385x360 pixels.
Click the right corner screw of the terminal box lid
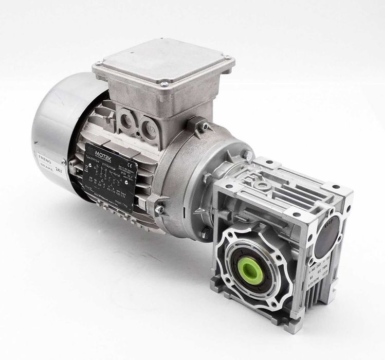click(x=227, y=57)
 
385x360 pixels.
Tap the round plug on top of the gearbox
click(x=262, y=183)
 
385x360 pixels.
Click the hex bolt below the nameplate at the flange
click(x=159, y=209)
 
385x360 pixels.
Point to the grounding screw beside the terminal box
click(x=205, y=125)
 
